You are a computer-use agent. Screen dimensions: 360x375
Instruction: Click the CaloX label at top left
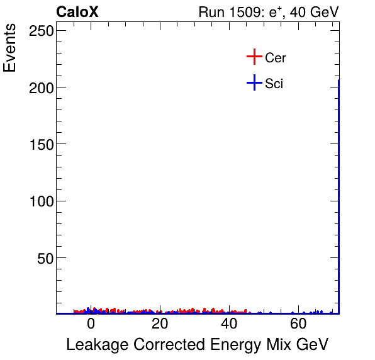click(x=77, y=13)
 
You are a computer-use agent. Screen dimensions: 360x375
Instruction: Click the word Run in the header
click(x=211, y=13)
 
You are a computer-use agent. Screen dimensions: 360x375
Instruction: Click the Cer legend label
click(x=276, y=58)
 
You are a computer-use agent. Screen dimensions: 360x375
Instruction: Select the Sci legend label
click(x=274, y=83)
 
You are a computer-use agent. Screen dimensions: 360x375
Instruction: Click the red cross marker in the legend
click(x=254, y=57)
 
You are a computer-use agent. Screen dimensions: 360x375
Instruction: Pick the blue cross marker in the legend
click(x=254, y=82)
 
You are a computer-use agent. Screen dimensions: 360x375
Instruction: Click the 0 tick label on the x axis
click(x=91, y=325)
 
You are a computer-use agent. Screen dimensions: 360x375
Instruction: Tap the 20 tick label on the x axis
click(x=160, y=325)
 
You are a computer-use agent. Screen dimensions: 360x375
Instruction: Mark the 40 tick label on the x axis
click(x=229, y=325)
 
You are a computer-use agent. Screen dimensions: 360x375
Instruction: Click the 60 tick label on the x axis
click(x=298, y=325)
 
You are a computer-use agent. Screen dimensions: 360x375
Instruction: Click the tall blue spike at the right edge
click(x=339, y=189)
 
